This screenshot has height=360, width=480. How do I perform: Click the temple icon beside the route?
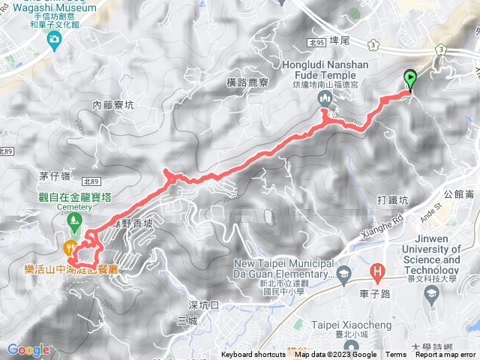click(x=324, y=100)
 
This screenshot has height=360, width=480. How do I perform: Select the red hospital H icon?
click(x=378, y=271)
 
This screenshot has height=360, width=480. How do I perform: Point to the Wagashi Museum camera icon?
click(x=53, y=39)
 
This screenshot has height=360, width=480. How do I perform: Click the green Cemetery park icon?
click(x=74, y=220)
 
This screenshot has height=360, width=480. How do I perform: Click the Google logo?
click(x=28, y=349)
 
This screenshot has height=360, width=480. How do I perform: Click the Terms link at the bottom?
click(x=396, y=355)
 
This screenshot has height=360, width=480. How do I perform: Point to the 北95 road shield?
click(x=318, y=44)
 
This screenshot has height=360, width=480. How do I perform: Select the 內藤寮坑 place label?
click(x=113, y=106)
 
